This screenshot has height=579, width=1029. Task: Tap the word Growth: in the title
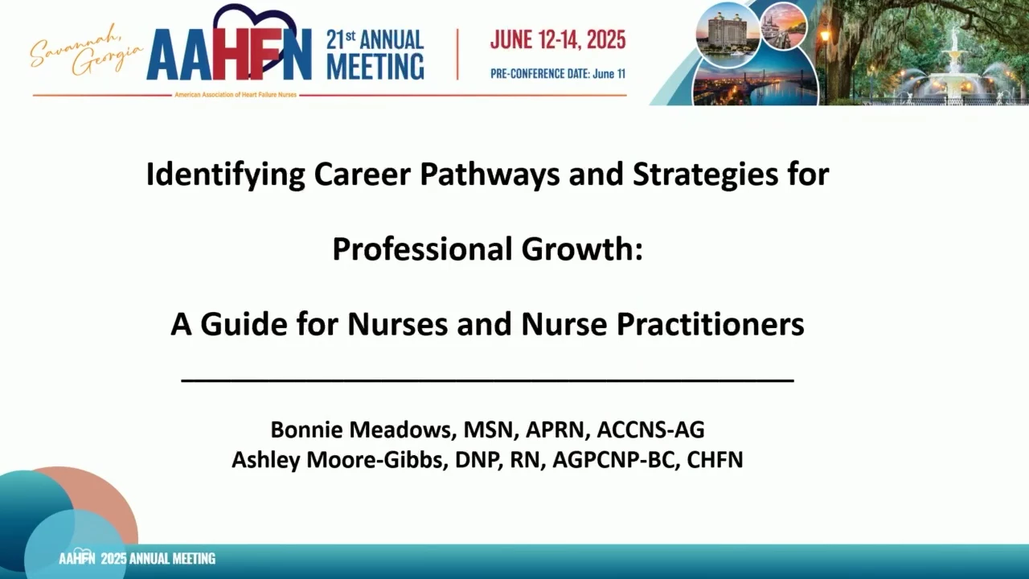[x=582, y=248]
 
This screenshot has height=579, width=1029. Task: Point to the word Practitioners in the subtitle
[x=710, y=324]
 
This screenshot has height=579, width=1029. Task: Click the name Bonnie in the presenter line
[x=306, y=429]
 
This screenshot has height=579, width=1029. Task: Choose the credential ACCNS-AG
[x=650, y=429]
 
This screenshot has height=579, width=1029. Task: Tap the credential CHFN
[x=715, y=459]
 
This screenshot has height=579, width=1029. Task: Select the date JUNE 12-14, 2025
[x=558, y=39]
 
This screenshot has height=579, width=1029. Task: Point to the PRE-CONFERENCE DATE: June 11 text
[x=558, y=73]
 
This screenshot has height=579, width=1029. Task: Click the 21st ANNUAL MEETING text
[x=375, y=54]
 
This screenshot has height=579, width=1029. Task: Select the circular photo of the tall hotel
[x=728, y=35]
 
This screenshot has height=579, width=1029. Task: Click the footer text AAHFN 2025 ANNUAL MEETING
[x=137, y=558]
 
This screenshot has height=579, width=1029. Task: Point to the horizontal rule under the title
[x=487, y=380]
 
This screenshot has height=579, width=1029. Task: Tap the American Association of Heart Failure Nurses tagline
[x=236, y=95]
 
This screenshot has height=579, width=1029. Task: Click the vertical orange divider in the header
[x=457, y=54]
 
